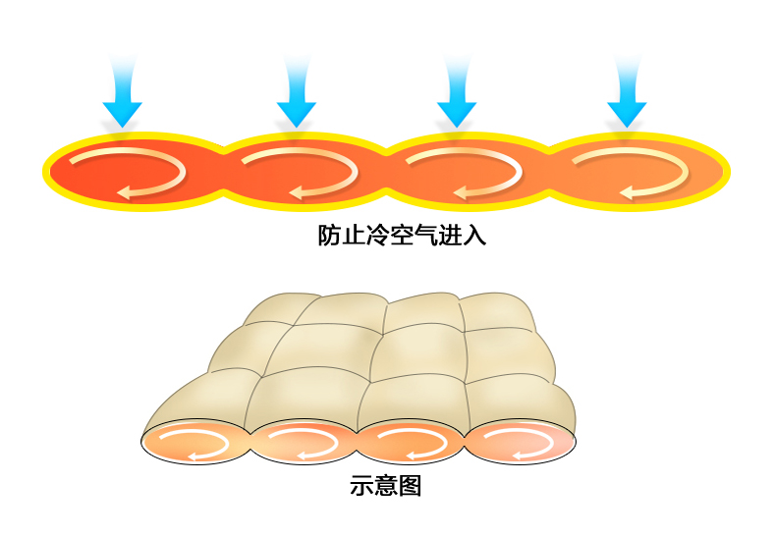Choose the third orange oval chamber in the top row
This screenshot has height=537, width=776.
pos(462,173)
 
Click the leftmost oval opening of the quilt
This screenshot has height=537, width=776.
pos(197,444)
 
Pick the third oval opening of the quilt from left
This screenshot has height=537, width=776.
pos(410,444)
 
